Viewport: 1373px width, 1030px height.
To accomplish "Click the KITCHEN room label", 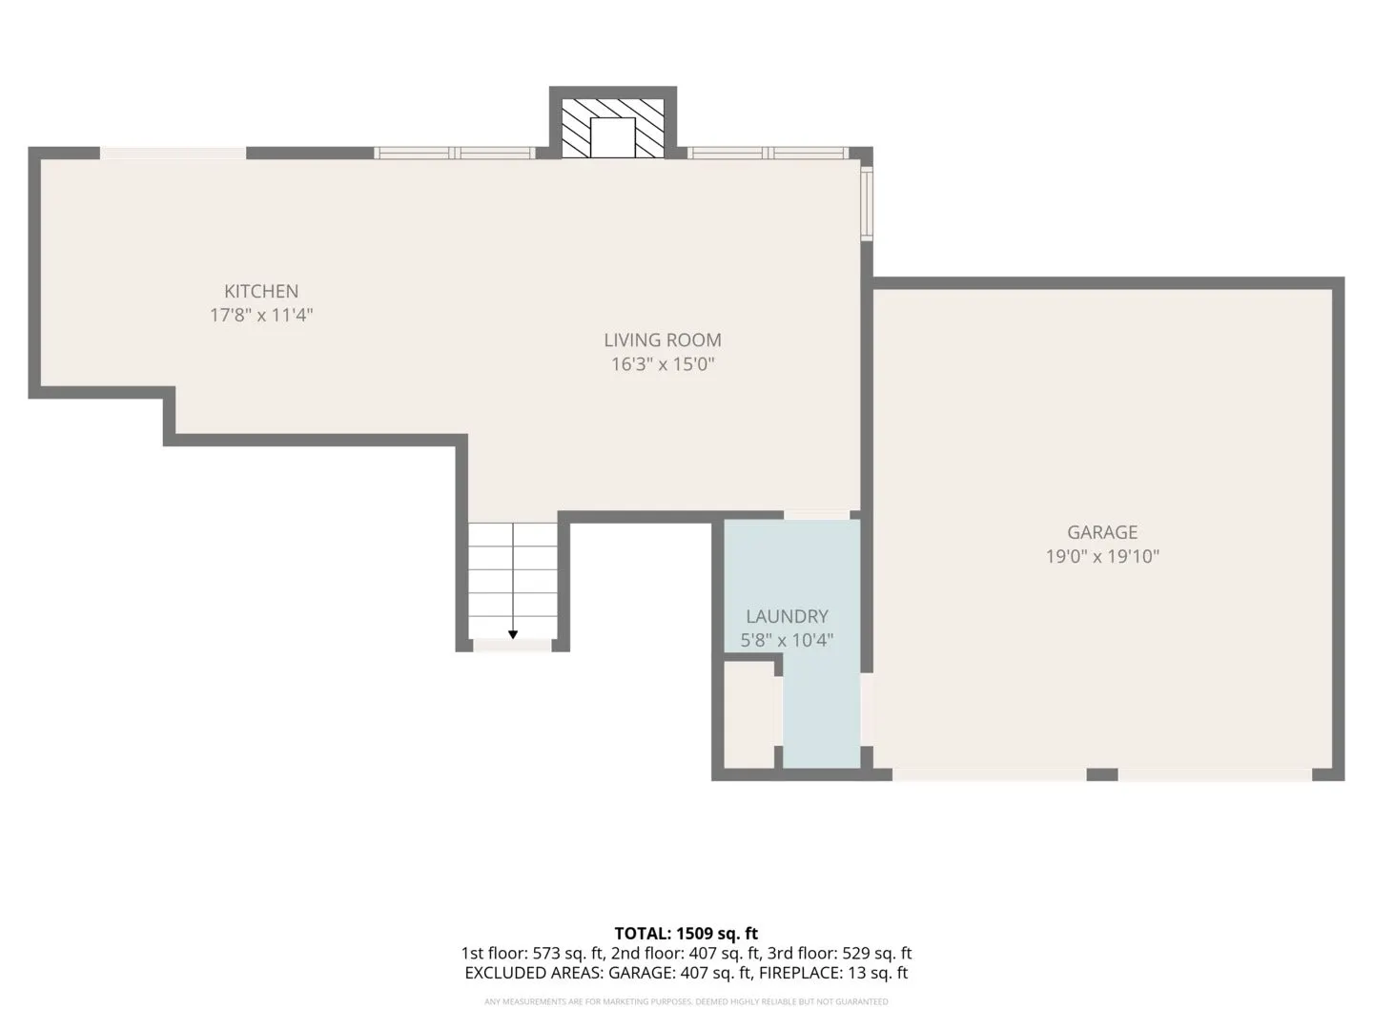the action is click(261, 291).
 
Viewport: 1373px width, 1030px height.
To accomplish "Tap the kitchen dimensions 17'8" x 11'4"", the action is click(261, 315).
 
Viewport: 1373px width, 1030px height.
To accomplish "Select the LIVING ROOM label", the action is click(663, 340).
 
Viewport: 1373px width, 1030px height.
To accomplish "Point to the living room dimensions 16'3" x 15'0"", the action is click(663, 364).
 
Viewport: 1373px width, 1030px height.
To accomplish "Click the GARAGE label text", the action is click(1102, 532).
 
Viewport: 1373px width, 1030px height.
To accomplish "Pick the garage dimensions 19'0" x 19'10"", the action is click(1102, 556).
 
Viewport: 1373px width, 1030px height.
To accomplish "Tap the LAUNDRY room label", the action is click(787, 617).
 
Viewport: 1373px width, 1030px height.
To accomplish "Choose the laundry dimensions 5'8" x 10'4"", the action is click(787, 640).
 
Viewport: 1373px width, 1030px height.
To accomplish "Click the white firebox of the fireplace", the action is click(612, 137).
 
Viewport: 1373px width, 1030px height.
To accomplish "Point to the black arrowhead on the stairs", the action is click(513, 635).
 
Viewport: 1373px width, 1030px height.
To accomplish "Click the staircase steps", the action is click(513, 581).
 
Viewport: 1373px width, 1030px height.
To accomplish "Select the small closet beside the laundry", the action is click(748, 714).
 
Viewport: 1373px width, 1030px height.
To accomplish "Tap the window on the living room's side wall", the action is click(867, 202).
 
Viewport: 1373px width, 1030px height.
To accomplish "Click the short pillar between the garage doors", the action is click(1102, 774).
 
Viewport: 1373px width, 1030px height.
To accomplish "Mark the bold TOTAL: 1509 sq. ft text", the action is click(686, 934).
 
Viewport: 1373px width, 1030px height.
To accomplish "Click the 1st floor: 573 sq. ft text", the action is click(532, 953).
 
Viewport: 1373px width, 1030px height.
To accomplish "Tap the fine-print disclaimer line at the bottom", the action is click(686, 1001).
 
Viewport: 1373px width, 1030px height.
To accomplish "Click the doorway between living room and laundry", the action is click(816, 515).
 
